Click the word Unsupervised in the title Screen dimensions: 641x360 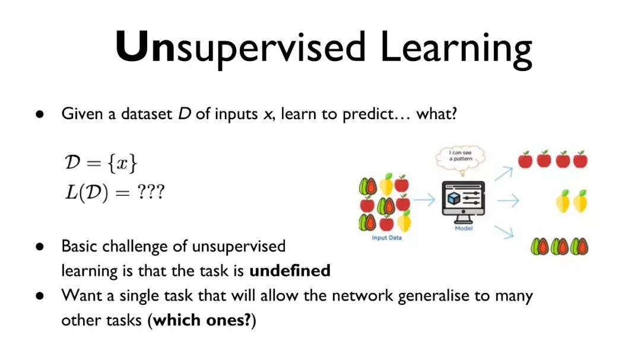click(240, 49)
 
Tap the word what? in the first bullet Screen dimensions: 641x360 click(437, 114)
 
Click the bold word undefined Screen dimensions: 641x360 click(290, 270)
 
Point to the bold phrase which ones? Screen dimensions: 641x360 click(202, 320)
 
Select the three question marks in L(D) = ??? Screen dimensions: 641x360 click(150, 192)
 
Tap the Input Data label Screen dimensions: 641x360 click(387, 238)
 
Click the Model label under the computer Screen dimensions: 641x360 click(464, 228)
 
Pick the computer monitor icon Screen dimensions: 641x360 click(463, 202)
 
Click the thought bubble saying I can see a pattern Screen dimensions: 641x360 click(461, 158)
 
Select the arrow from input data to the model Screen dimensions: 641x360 click(424, 200)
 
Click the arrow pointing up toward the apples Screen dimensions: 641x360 click(503, 173)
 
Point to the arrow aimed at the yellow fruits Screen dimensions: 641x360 click(508, 200)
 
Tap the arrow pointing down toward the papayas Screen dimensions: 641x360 click(504, 232)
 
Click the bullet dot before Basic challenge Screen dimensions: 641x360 click(40, 247)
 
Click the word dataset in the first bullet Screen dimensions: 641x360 click(147, 114)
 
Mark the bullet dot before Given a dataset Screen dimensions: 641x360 click(40, 114)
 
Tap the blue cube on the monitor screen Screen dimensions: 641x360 click(454, 199)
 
